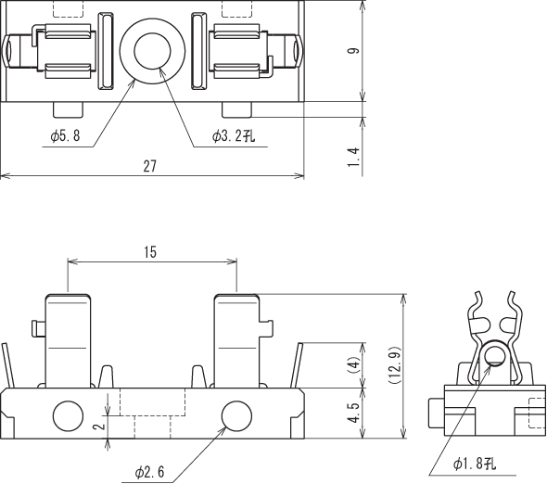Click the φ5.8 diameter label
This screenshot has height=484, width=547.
click(x=65, y=135)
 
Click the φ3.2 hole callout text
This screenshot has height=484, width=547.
click(x=234, y=135)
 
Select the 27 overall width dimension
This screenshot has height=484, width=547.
click(x=150, y=166)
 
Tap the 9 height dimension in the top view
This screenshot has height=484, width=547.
click(x=354, y=51)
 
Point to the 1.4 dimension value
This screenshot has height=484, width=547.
click(x=354, y=157)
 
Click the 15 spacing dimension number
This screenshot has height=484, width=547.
click(x=150, y=252)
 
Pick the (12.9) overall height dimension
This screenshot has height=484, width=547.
click(x=395, y=365)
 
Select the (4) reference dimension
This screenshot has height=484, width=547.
click(x=354, y=365)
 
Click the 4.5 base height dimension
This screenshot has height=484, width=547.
click(x=354, y=413)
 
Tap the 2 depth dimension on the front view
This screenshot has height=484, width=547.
click(x=100, y=427)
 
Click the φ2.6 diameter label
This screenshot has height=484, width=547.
click(x=149, y=472)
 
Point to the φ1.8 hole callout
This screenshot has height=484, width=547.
click(x=475, y=464)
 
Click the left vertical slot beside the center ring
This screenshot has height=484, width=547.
click(x=106, y=51)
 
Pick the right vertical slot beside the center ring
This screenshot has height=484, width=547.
click(x=199, y=51)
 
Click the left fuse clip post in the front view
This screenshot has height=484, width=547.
click(x=69, y=341)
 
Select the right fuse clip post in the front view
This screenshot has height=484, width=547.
click(x=237, y=341)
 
